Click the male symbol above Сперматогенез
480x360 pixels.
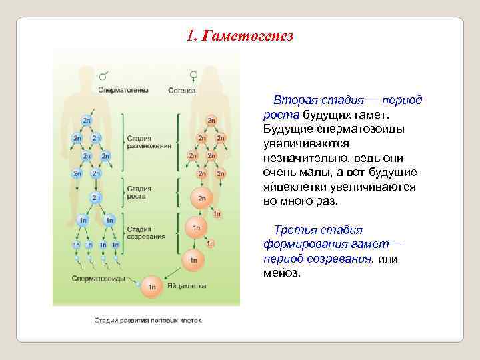104,76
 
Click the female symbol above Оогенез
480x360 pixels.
193,76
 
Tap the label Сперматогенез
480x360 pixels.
123,90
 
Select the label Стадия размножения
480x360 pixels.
149,142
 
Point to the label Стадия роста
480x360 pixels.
139,193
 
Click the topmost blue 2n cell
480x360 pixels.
87,121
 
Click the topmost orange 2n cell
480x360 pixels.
211,120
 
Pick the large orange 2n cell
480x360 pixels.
201,197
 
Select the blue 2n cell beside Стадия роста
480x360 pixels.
96,197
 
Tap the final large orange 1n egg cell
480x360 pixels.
152,286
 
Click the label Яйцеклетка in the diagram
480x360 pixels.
187,285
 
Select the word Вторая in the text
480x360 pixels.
290,100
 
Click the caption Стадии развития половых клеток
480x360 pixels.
147,320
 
